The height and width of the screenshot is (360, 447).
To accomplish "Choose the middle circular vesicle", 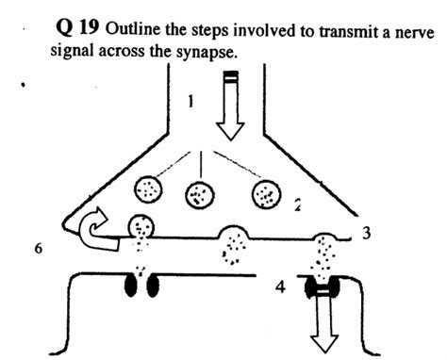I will tap(199, 196).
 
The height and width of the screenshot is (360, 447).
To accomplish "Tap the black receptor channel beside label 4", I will tap(324, 288).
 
